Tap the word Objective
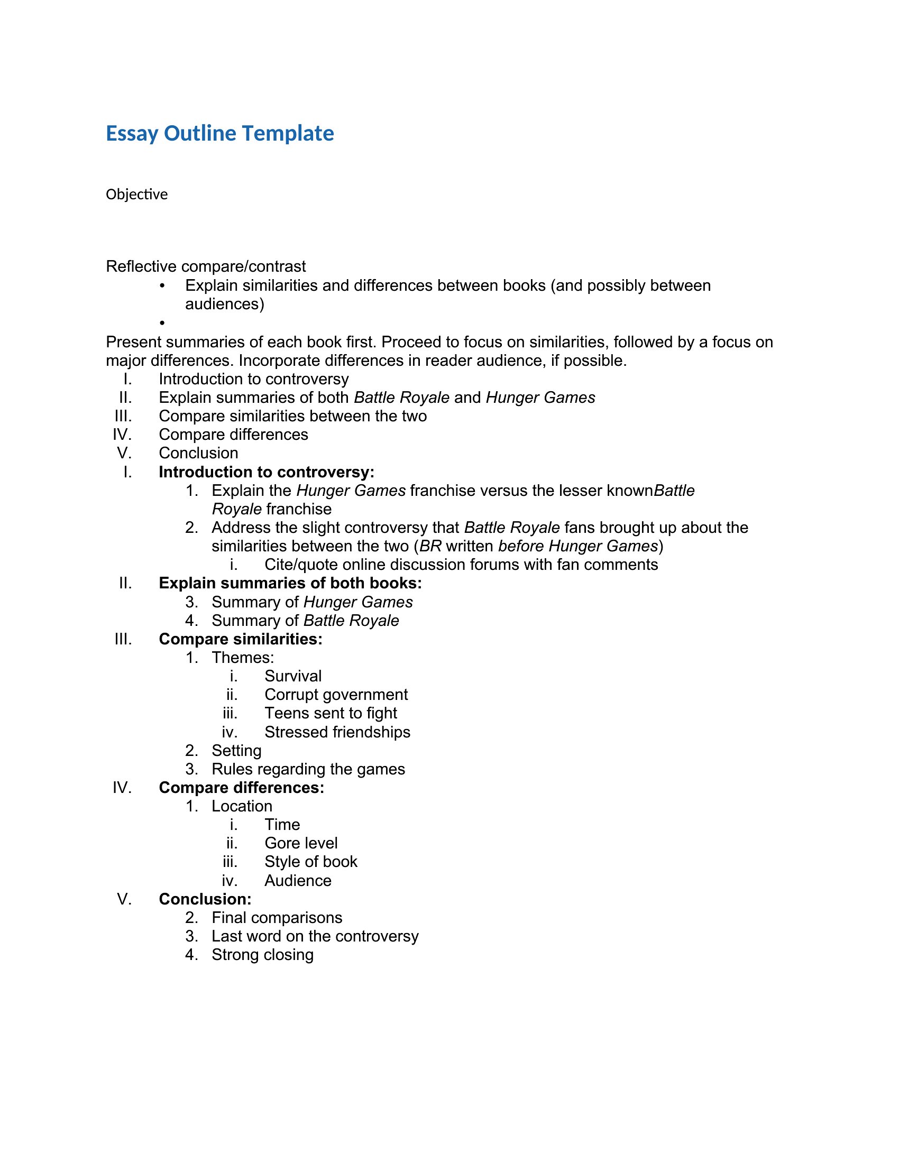(136, 195)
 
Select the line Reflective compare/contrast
(206, 266)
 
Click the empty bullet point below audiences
(162, 322)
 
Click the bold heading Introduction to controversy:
(267, 472)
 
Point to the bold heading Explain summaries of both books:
(290, 583)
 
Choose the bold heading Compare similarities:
(240, 639)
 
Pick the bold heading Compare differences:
(241, 788)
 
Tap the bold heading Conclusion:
(205, 899)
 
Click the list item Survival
(293, 676)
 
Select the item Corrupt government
(335, 695)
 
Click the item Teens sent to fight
(330, 713)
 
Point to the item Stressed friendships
(337, 732)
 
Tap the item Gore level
(301, 843)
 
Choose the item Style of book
(310, 862)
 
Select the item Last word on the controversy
(315, 936)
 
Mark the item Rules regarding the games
(308, 769)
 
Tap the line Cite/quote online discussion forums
(461, 565)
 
